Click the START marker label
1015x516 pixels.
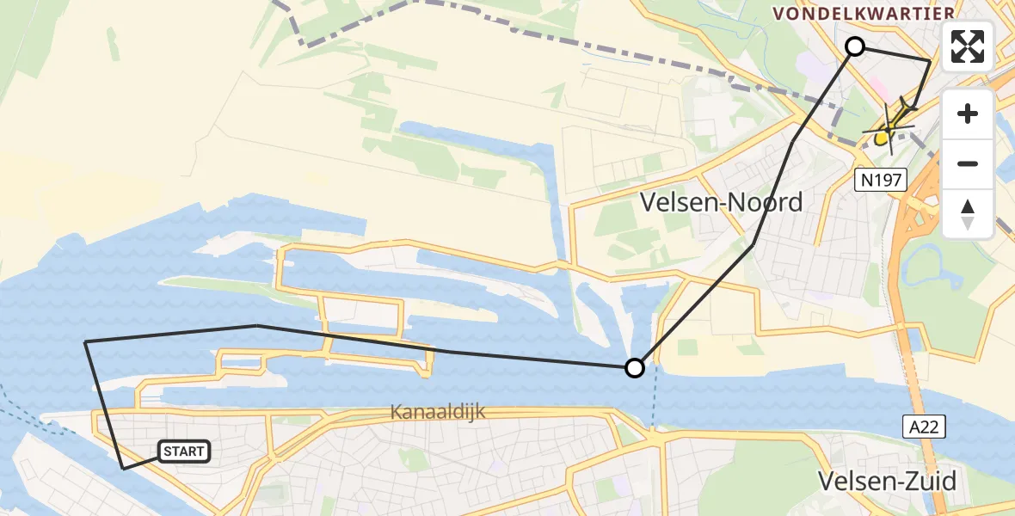(184, 451)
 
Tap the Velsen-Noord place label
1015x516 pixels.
(722, 202)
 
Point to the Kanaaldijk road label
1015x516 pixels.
(438, 412)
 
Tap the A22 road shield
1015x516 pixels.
(924, 426)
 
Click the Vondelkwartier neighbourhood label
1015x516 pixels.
(864, 13)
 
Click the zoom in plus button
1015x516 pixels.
(968, 114)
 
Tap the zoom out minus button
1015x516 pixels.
(968, 163)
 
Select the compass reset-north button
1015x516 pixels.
(968, 213)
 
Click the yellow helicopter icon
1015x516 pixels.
(891, 125)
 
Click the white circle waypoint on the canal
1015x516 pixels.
(634, 368)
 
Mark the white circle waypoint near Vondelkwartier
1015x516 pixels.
(855, 46)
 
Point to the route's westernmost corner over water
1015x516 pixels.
(86, 342)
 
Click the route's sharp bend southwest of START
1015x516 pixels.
(124, 469)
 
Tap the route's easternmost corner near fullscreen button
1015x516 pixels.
(931, 60)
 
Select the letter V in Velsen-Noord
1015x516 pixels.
(650, 203)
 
